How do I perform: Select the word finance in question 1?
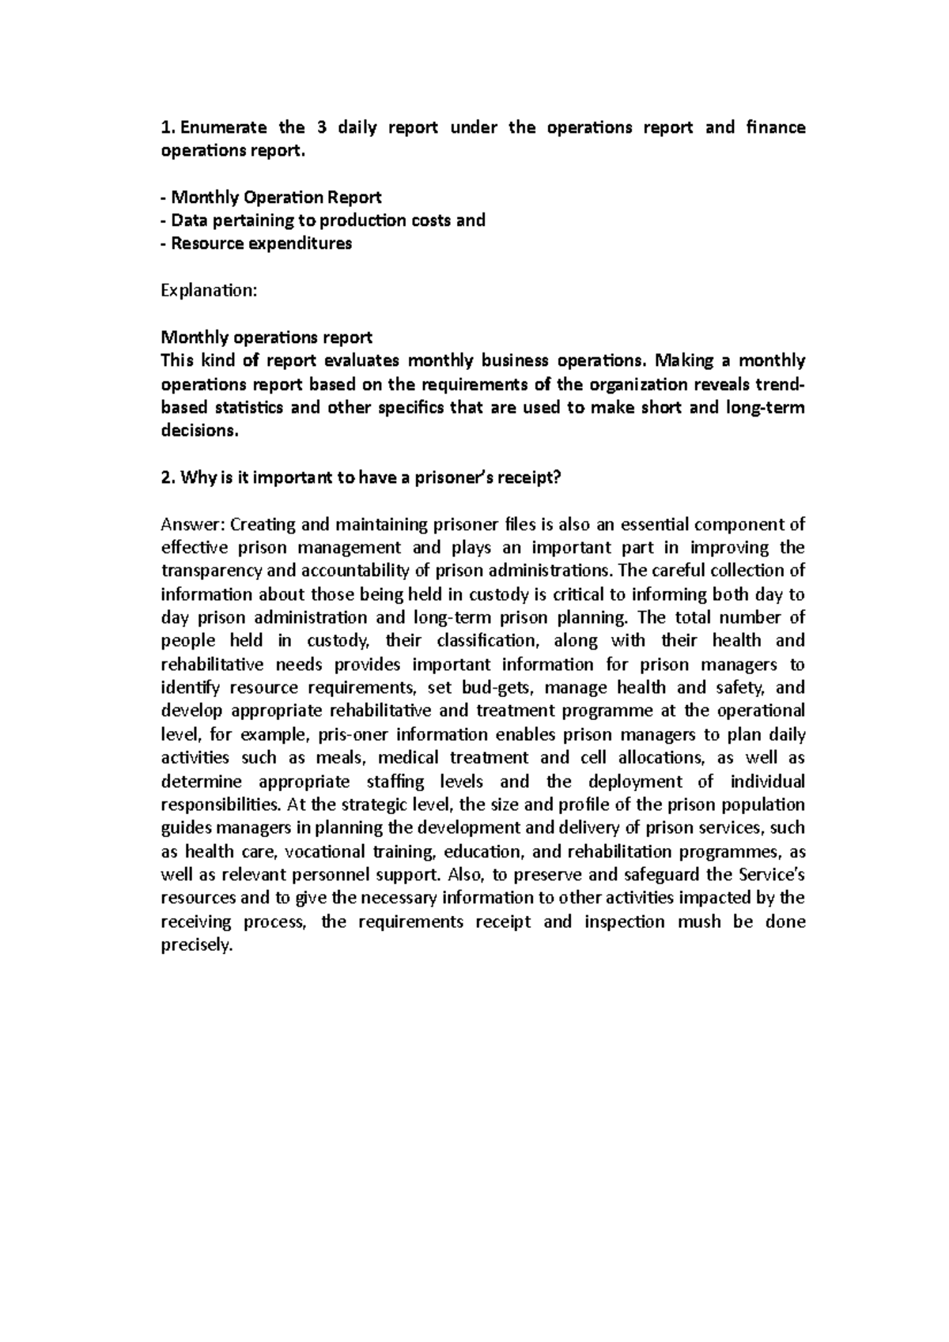(776, 127)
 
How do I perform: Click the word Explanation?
(209, 291)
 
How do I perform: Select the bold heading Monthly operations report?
(266, 337)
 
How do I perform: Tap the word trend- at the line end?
(782, 384)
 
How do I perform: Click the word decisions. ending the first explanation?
(198, 431)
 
